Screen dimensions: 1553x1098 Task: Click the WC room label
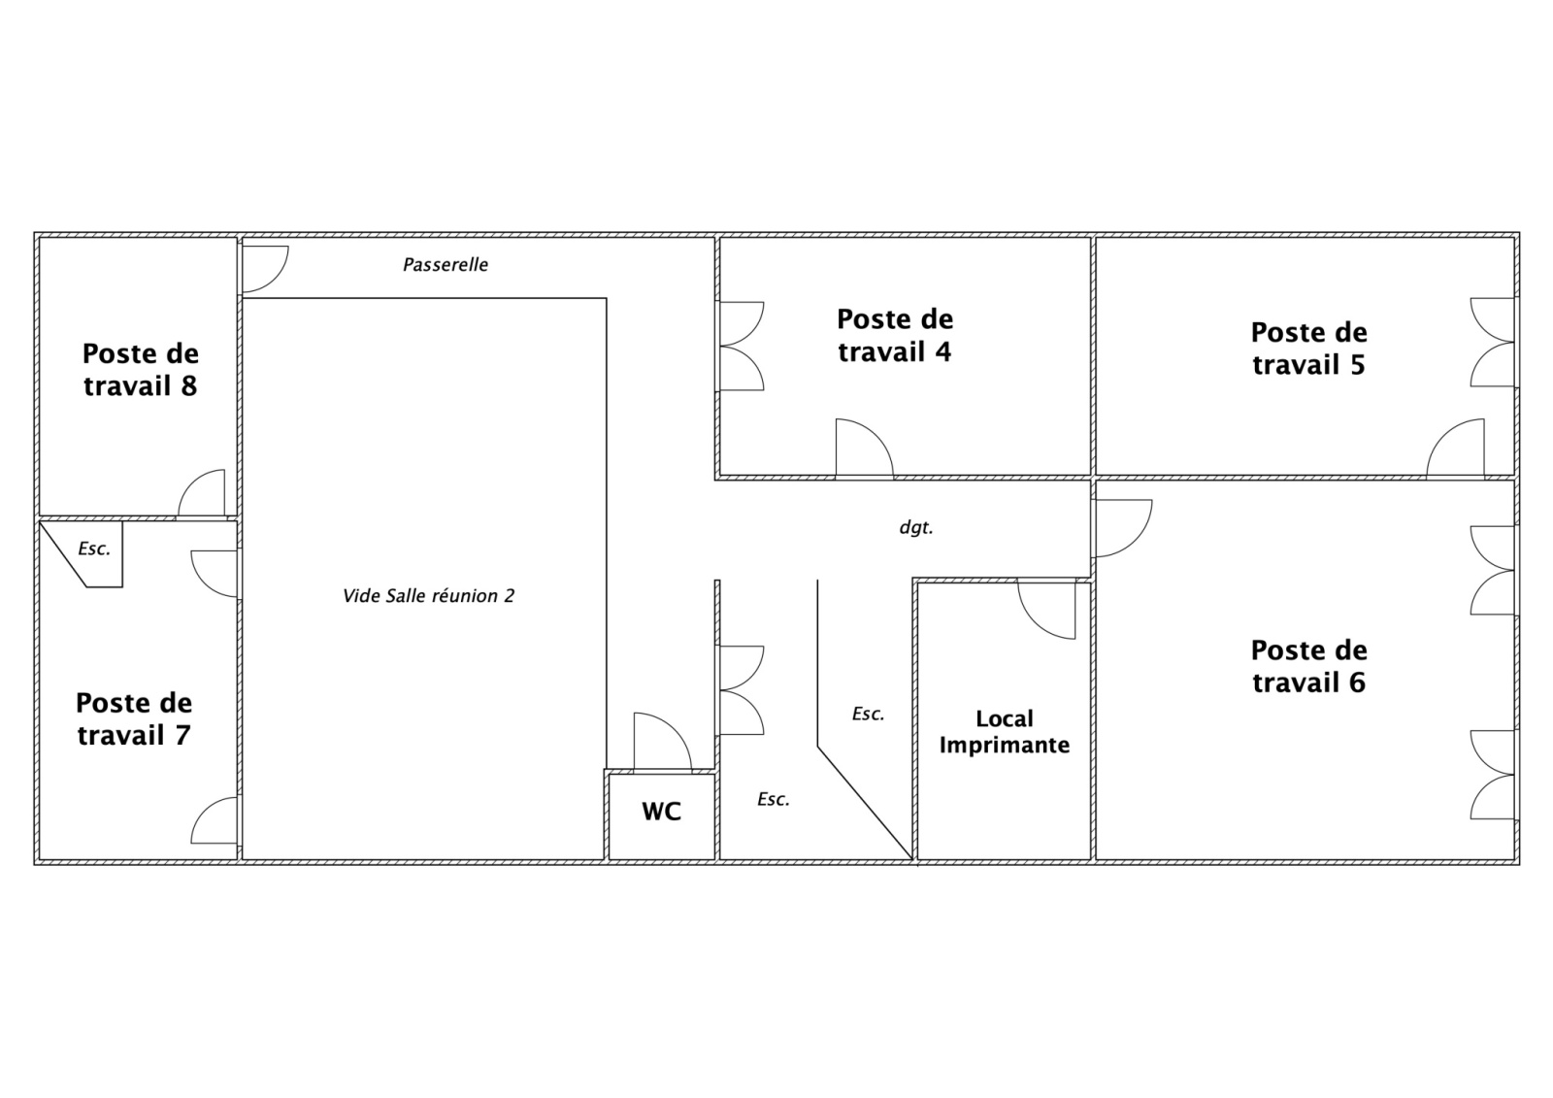coord(661,811)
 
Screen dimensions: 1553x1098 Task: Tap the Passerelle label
coord(446,264)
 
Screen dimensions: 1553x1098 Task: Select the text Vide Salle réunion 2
coord(428,595)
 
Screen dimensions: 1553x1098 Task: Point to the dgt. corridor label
coord(916,528)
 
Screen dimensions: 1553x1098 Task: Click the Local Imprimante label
coord(1004,732)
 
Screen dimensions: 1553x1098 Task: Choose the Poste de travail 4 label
coord(895,335)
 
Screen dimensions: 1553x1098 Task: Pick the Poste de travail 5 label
coord(1309,349)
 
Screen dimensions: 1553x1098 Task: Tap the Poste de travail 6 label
coord(1309,666)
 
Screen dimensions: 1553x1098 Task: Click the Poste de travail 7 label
coord(134,718)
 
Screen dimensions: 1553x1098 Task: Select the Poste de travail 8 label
coord(141,370)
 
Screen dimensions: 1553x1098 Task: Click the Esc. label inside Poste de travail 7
coord(94,549)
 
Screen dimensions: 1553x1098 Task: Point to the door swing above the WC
coord(662,742)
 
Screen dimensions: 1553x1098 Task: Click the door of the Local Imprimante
coord(1047,611)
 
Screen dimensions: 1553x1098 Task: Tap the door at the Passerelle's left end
coord(264,269)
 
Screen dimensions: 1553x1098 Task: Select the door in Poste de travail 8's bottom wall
coord(202,493)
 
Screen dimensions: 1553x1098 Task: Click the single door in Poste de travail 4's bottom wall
coord(865,449)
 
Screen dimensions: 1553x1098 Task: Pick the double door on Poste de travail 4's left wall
coord(742,346)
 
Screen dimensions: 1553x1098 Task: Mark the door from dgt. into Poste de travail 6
coord(1123,528)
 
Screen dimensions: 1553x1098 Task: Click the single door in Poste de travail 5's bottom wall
coord(1455,449)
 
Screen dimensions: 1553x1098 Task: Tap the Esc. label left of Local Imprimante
coord(868,714)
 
